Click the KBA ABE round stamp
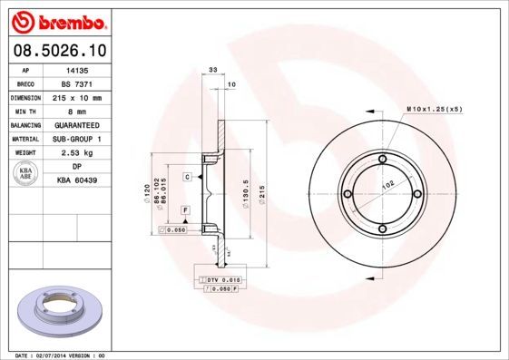[x=25, y=174]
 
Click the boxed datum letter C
[x=187, y=176]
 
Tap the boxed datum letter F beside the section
[x=184, y=210]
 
